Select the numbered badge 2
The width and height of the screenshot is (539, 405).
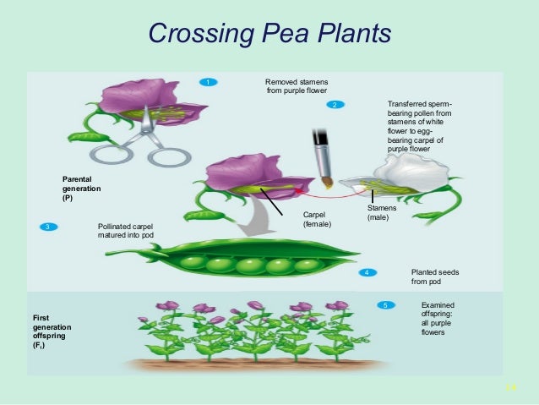point(335,104)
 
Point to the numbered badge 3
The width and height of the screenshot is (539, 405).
point(49,227)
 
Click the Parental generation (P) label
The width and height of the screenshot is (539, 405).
point(81,189)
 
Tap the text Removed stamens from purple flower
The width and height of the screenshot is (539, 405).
point(296,86)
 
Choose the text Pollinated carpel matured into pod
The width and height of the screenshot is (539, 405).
point(127,231)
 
